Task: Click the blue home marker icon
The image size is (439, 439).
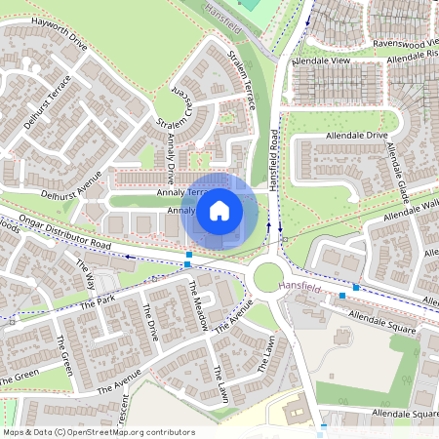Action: (x=219, y=211)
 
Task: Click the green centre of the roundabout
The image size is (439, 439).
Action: (x=268, y=279)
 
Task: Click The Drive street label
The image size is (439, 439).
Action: (x=149, y=322)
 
